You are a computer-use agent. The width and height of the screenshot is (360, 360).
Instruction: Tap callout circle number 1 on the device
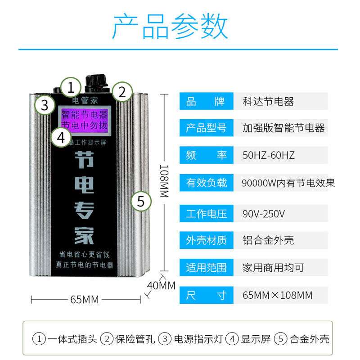[x=71, y=87]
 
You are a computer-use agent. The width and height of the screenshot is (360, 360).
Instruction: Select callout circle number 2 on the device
[x=121, y=92]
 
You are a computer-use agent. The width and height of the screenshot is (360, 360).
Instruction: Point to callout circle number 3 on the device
[x=45, y=105]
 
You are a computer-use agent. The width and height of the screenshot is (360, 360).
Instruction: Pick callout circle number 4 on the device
[x=62, y=137]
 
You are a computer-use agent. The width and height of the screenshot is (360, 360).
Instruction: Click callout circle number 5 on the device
[x=140, y=201]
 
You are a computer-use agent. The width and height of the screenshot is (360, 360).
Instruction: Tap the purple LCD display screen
[x=84, y=118]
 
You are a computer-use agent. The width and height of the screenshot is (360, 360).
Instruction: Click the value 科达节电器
[x=268, y=102]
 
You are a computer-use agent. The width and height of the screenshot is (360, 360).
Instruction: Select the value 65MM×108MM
[x=277, y=295]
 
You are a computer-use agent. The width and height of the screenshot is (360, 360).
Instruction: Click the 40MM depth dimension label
[x=161, y=285]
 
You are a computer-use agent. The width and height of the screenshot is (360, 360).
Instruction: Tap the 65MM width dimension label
[x=84, y=299]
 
